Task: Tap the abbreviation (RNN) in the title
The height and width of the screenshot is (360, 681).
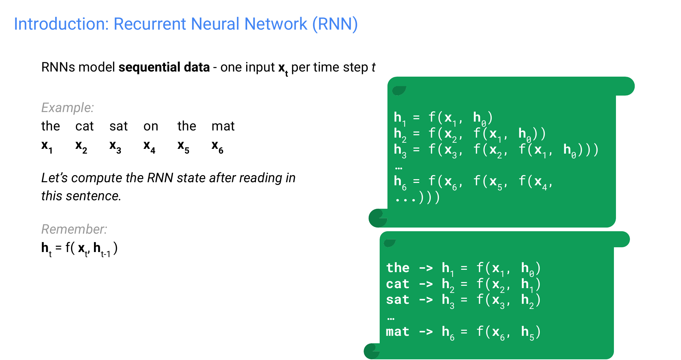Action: pyautogui.click(x=335, y=24)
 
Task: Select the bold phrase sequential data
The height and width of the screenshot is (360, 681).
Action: pyautogui.click(x=164, y=67)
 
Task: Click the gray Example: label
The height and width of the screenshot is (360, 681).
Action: pyautogui.click(x=67, y=108)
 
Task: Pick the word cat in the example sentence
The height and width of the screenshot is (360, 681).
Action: pyautogui.click(x=84, y=126)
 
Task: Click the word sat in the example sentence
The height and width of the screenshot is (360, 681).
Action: pyautogui.click(x=118, y=126)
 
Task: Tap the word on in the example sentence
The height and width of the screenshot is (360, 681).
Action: pyautogui.click(x=151, y=126)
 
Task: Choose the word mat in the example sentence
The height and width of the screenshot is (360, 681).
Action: pyautogui.click(x=223, y=126)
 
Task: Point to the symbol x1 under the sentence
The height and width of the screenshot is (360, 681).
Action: pyautogui.click(x=47, y=146)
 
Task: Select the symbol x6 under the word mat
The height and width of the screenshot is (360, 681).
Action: pyautogui.click(x=218, y=146)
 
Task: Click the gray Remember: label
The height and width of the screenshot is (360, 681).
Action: pyautogui.click(x=74, y=229)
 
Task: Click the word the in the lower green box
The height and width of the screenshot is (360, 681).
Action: pyautogui.click(x=398, y=268)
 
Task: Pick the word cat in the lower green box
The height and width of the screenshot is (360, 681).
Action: pyautogui.click(x=397, y=284)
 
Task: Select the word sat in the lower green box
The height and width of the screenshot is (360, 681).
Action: pyautogui.click(x=397, y=300)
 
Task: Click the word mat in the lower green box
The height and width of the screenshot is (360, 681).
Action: pyautogui.click(x=397, y=331)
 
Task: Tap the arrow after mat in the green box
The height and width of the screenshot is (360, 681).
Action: pyautogui.click(x=426, y=331)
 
